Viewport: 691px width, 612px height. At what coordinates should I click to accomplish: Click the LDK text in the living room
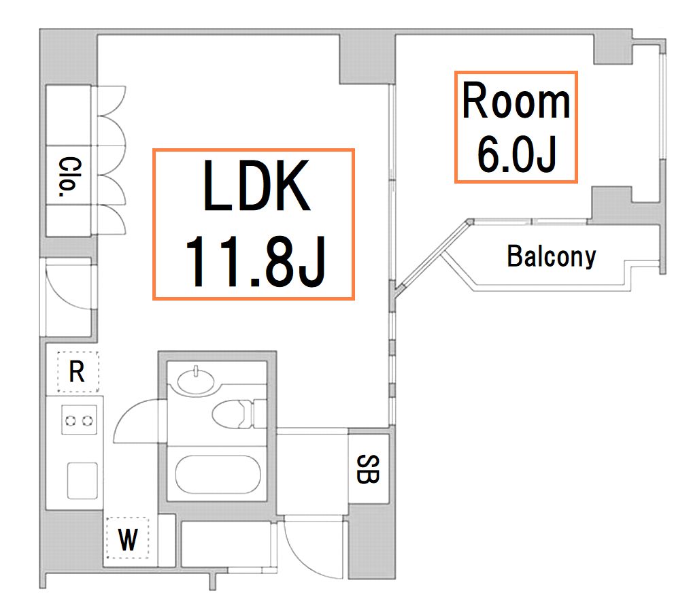point(256,186)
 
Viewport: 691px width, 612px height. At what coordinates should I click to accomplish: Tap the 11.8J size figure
point(256,262)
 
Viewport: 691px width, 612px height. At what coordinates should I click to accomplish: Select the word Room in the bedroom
point(516,101)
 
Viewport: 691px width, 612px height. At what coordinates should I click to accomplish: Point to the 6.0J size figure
point(516,154)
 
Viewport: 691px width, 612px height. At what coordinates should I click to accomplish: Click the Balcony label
point(552,256)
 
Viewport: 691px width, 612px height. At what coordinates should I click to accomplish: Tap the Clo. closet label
point(70,177)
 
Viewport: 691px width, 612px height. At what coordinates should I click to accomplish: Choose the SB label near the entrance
point(368,469)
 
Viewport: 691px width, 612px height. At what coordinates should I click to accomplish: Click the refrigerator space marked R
point(78,372)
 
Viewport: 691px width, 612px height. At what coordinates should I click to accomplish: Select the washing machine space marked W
point(127,539)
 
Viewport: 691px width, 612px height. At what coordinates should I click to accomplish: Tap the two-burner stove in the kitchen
point(80,420)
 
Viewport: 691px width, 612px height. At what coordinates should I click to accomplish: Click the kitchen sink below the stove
point(82,481)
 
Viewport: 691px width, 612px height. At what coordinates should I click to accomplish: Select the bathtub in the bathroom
point(218,475)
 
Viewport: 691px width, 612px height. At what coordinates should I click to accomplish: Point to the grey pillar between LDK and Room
point(367,59)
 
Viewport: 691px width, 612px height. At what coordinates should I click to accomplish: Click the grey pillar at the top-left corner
point(68,56)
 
